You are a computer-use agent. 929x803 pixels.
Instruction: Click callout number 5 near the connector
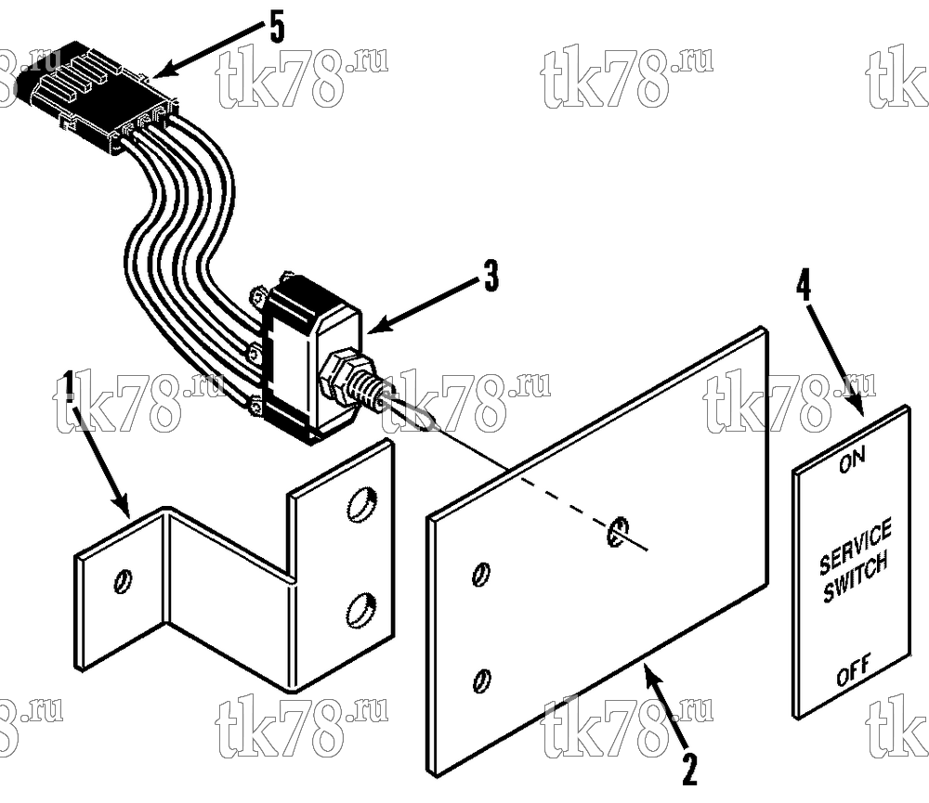(277, 30)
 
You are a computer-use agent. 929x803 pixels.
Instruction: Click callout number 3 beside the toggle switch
(491, 276)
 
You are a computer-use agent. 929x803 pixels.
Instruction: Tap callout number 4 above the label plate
(803, 287)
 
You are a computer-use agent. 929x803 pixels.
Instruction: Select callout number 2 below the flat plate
(689, 769)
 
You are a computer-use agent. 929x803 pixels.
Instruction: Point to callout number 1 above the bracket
(69, 386)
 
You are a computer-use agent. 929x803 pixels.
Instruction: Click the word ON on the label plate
(852, 460)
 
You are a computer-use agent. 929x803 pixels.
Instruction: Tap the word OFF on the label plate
(854, 668)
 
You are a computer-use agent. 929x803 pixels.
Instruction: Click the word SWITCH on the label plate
(856, 576)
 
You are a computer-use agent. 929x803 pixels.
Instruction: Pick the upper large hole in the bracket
(360, 504)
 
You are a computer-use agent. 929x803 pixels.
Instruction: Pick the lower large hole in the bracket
(359, 610)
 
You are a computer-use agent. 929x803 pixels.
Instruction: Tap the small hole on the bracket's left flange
(124, 581)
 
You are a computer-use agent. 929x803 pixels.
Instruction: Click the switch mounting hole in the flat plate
(617, 530)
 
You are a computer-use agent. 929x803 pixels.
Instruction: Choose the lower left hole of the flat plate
(481, 680)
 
